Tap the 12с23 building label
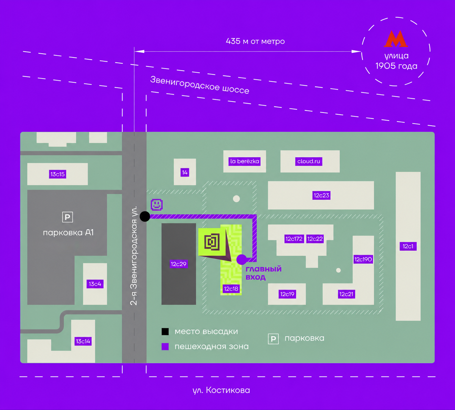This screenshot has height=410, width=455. [x=321, y=195]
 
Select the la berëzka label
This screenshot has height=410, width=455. [x=245, y=161]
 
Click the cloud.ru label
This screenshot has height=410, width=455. [x=309, y=161]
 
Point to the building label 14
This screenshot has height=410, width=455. [x=185, y=172]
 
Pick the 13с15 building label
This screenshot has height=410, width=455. [x=58, y=174]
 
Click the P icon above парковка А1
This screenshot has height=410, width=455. [x=68, y=217]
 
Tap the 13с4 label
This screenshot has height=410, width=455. [x=95, y=284]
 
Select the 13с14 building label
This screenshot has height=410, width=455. [x=83, y=341]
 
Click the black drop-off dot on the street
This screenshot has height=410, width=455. [x=145, y=216]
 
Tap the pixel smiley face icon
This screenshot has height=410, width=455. [x=156, y=204]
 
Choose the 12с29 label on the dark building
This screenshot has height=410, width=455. [x=178, y=264]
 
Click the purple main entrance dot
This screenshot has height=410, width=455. [x=241, y=260]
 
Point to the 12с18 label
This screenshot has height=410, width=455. [x=231, y=289]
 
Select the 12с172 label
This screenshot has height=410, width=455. [x=294, y=239]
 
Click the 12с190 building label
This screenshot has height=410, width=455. [x=363, y=259]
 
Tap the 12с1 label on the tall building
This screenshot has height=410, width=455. [x=408, y=246]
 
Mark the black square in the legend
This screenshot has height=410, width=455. [x=165, y=332]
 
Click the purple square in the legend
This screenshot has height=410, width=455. [x=165, y=347]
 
